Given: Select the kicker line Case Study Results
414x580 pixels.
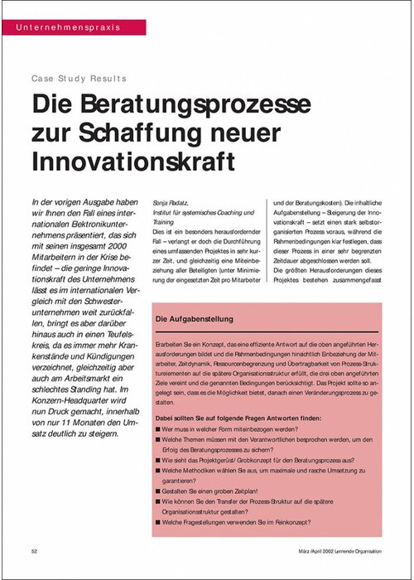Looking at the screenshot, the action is click(79, 79).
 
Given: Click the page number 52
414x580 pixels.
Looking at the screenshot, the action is click(35, 550).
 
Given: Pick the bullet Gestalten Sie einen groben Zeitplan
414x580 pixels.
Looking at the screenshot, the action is click(214, 491).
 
